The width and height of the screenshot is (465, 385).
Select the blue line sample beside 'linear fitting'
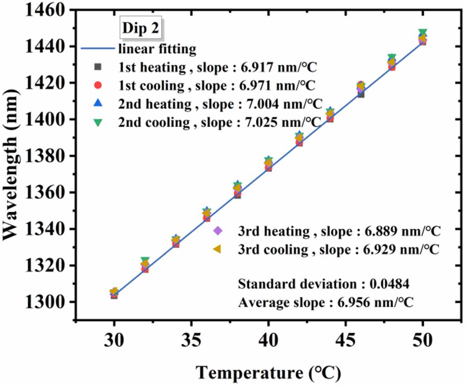tap(97, 49)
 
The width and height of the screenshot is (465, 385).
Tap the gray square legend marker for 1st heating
tap(97, 67)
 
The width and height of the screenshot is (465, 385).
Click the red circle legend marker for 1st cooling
tap(97, 85)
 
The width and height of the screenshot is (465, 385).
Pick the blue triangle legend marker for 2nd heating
tap(97, 103)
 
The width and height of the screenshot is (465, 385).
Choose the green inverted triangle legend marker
tap(97, 122)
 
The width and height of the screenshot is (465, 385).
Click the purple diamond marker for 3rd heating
tap(217, 231)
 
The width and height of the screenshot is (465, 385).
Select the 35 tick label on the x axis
tap(191, 340)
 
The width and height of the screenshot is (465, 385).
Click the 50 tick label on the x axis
tap(422, 340)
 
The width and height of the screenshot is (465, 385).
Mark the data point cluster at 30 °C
tap(114, 293)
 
